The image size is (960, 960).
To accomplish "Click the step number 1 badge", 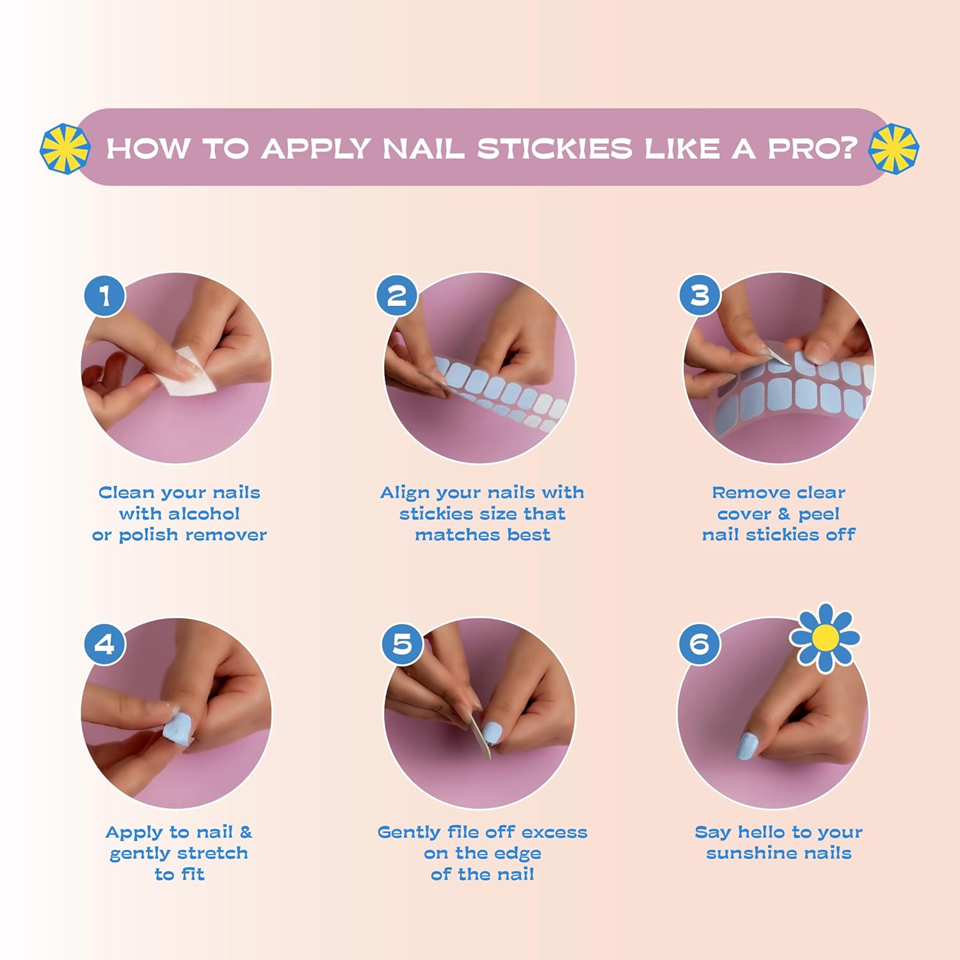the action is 105,296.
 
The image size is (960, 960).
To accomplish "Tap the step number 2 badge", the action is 397,295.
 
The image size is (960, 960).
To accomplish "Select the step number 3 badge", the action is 700,295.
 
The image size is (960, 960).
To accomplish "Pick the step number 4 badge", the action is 105,644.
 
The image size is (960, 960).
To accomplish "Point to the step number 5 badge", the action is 402,644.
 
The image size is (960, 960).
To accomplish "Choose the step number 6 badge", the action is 700,644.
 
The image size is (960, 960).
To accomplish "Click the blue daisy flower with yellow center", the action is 824,637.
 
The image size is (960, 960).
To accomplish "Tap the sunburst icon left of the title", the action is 65,148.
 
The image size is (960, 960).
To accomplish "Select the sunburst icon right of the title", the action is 893,148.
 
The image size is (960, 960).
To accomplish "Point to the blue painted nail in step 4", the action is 178,730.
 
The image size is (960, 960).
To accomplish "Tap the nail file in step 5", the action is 479,736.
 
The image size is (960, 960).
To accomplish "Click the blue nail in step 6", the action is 747,746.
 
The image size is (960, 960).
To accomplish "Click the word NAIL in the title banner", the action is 423,148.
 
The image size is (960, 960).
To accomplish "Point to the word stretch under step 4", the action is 212,853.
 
